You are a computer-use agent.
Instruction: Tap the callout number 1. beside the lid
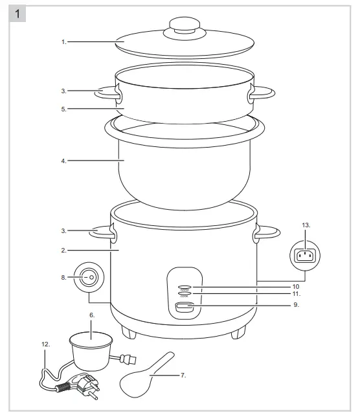64,42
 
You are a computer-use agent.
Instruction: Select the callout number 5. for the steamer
64,109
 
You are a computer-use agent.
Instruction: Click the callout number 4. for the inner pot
64,161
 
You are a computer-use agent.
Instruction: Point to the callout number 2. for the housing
64,249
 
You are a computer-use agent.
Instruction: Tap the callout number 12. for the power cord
46,345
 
